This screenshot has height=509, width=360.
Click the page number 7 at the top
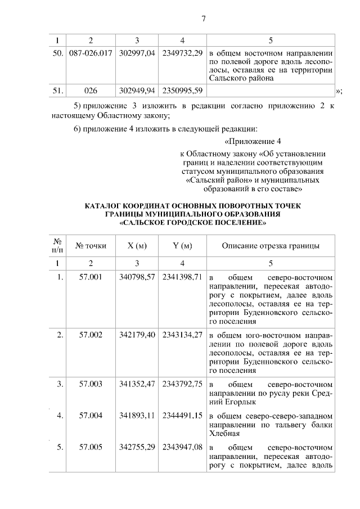pos(204,19)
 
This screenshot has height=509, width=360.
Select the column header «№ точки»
pos(91,246)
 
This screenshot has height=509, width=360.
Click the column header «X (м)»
pos(137,246)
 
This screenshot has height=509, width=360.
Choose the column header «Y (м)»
pos(182,246)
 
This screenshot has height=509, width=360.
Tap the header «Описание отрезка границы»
pos(271,246)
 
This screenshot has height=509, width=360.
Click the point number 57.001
pos(91,278)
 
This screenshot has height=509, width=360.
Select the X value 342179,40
pos(137,335)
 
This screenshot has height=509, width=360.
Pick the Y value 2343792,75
pos(182,384)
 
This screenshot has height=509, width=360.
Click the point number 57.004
pos(91,416)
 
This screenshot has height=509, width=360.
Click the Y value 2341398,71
pos(182,278)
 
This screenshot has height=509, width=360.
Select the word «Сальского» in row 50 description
pos(229,79)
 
